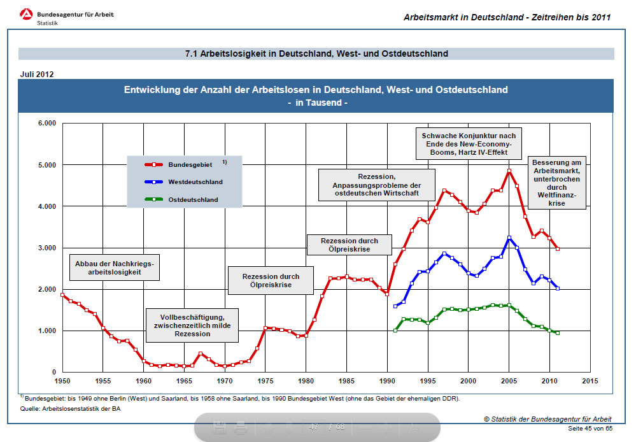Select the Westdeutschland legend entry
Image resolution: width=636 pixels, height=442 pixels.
(184, 182)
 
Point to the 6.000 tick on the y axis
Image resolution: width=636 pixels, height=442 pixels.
(46, 124)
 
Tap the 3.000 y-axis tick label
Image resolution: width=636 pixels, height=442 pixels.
(46, 248)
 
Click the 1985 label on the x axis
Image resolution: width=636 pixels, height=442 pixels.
(346, 381)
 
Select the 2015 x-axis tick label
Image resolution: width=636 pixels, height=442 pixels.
(590, 381)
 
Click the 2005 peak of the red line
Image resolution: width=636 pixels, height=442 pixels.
(509, 171)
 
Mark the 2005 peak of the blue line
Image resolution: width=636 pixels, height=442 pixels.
(509, 238)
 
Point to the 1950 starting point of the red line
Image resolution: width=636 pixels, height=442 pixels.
(62, 294)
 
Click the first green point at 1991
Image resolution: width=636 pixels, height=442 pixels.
(395, 330)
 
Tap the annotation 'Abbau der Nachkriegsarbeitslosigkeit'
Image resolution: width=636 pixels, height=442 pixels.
(115, 267)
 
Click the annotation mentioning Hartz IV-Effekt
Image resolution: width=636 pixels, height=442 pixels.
(469, 145)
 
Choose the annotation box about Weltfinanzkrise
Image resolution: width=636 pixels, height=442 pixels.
(556, 183)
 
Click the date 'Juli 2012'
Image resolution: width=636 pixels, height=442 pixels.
(37, 74)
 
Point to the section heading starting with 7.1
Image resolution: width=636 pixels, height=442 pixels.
(316, 53)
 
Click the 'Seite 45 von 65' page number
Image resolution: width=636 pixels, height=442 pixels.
(590, 429)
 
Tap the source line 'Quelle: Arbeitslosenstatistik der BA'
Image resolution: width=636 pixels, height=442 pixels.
(70, 409)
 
